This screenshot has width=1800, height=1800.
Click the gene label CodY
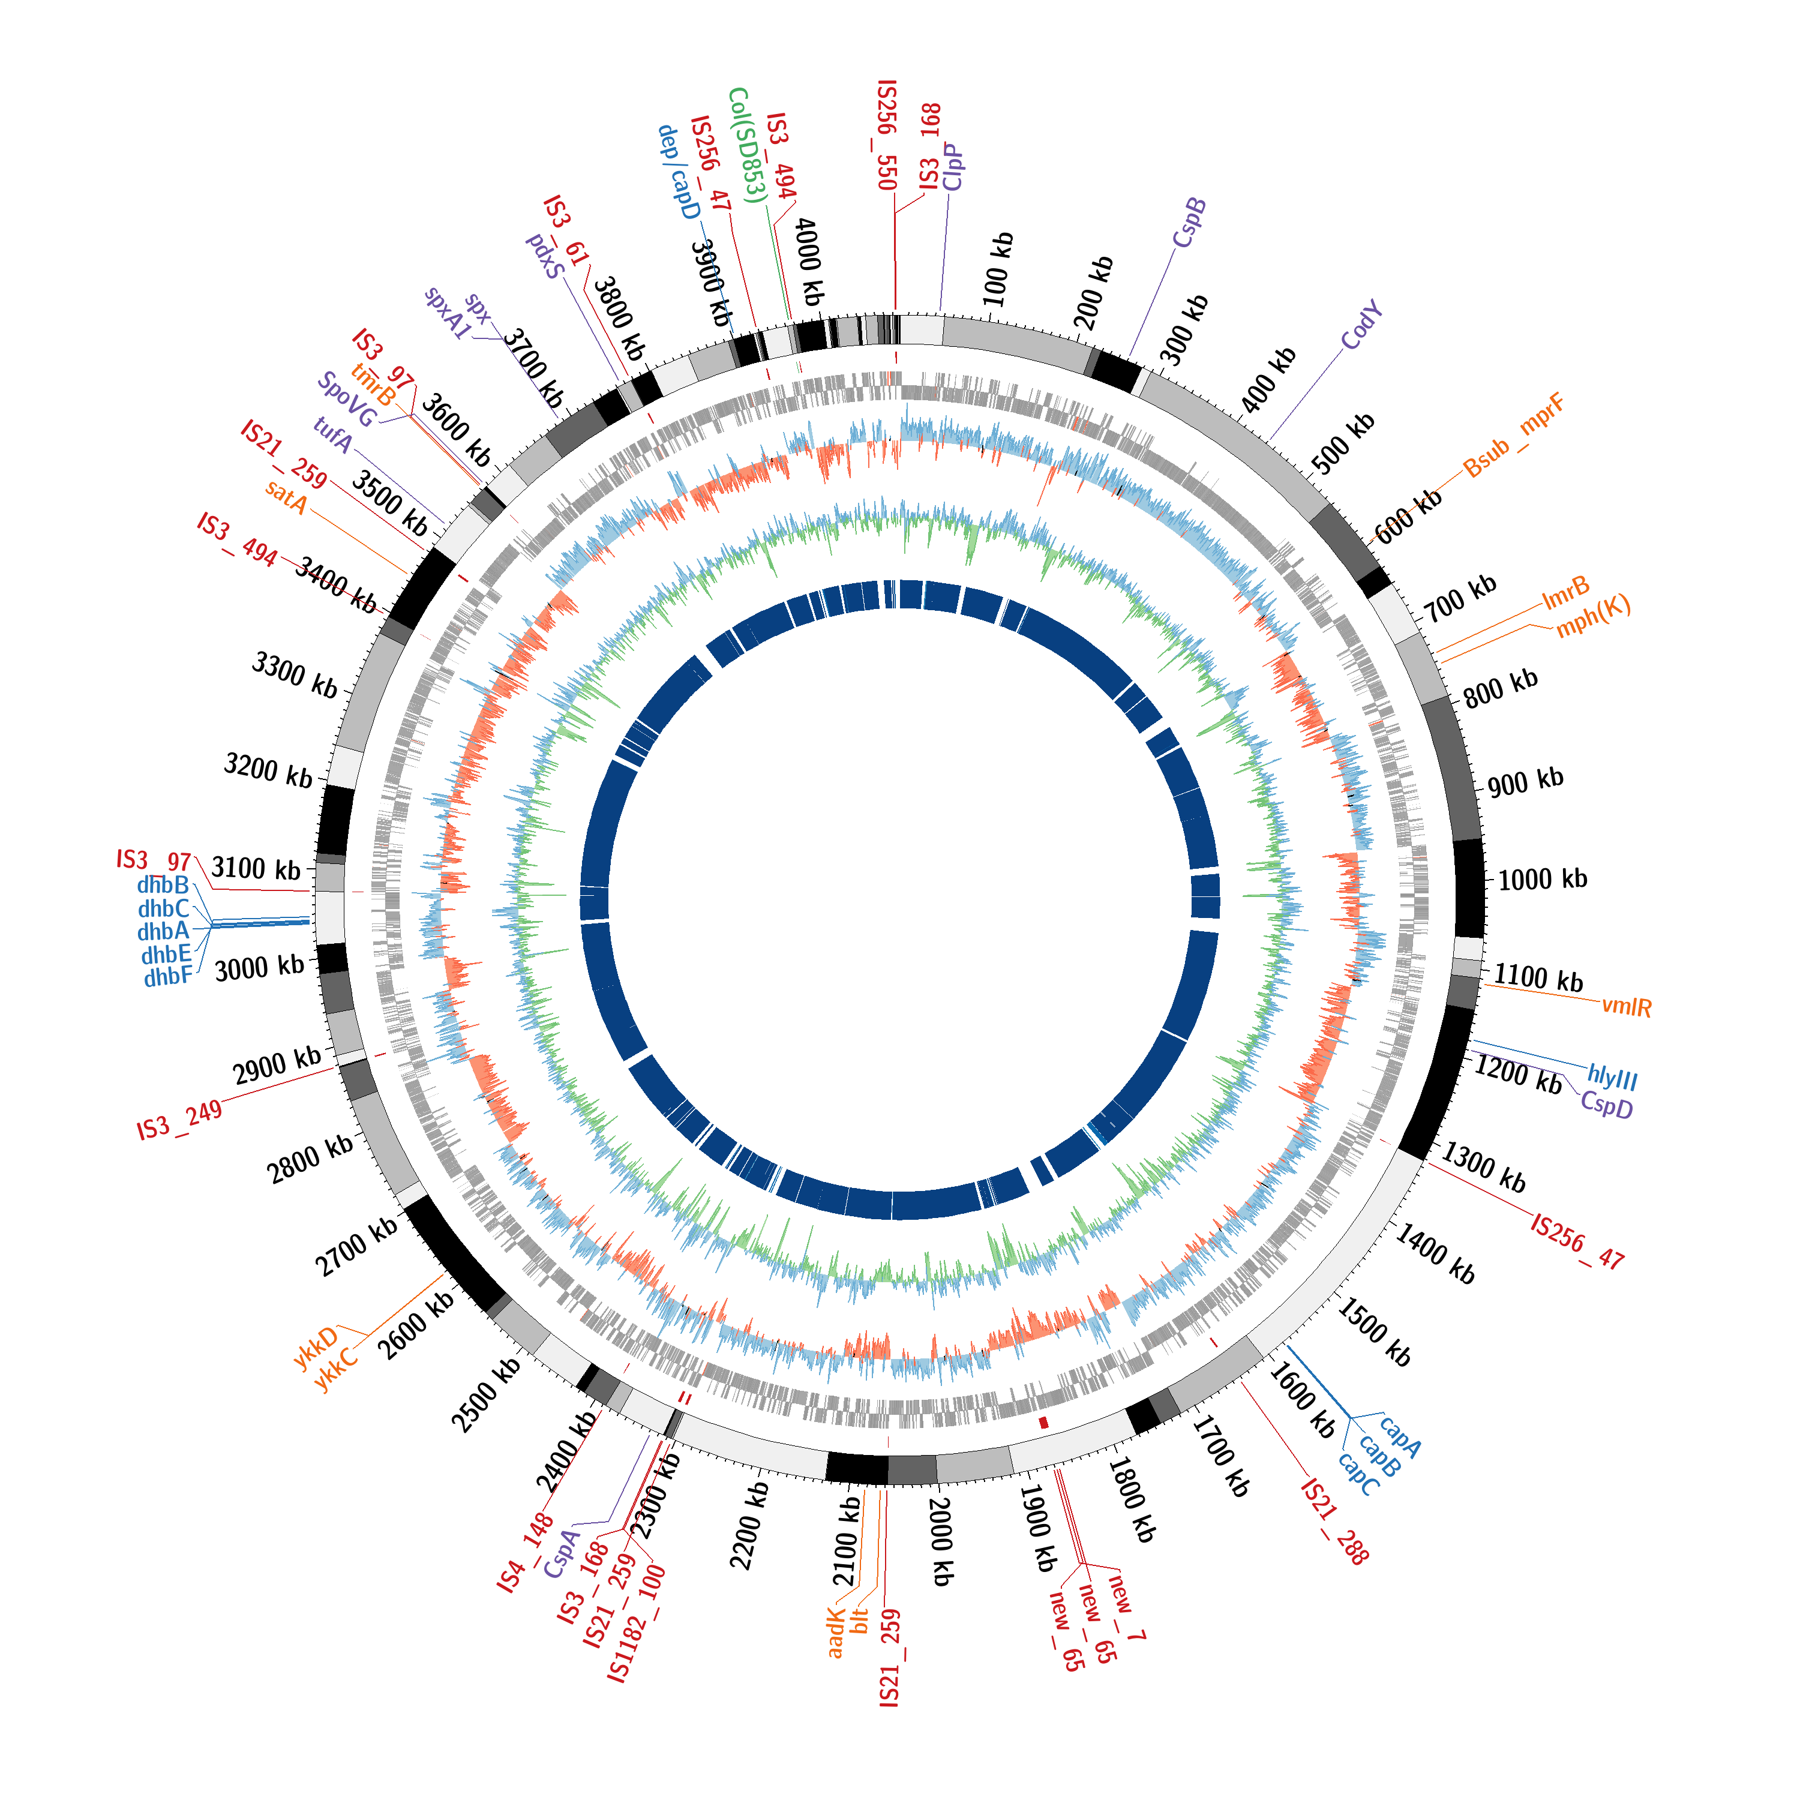point(1361,326)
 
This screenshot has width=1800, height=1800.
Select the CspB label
point(1189,224)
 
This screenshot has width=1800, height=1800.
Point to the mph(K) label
point(1593,616)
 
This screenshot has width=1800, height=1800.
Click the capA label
point(1400,1436)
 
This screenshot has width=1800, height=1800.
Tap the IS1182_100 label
point(637,1624)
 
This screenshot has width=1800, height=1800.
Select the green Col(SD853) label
point(747,145)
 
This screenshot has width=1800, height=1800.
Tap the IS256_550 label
point(887,135)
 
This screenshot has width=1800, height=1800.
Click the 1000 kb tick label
point(1542,878)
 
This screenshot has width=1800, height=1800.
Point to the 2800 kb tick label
point(310,1158)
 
